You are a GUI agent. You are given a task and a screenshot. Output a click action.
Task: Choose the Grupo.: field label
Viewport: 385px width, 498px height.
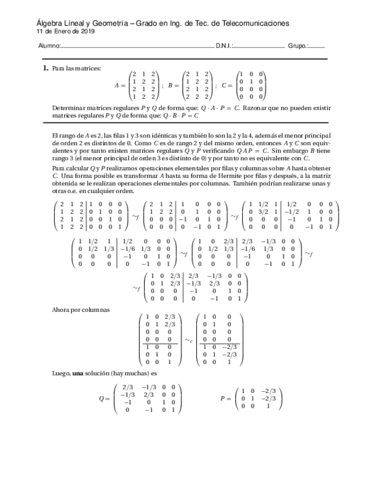[x=297, y=46]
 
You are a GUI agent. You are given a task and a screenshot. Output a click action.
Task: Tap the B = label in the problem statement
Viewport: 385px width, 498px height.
[x=173, y=85]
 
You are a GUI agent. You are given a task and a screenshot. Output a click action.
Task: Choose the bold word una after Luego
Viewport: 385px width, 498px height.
[x=78, y=373]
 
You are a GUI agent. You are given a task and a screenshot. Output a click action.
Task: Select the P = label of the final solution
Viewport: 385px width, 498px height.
[x=225, y=398]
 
